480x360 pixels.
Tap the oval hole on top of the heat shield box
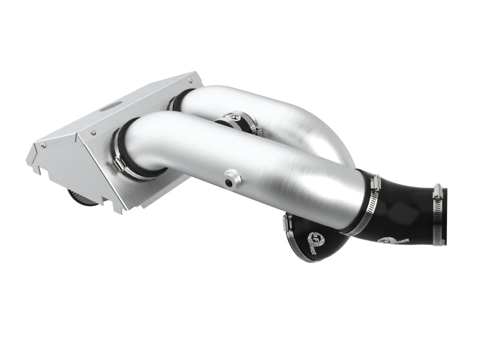pos(110,107)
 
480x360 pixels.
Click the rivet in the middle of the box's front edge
pos(94,131)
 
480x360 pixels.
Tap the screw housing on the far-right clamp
pos(438,192)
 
